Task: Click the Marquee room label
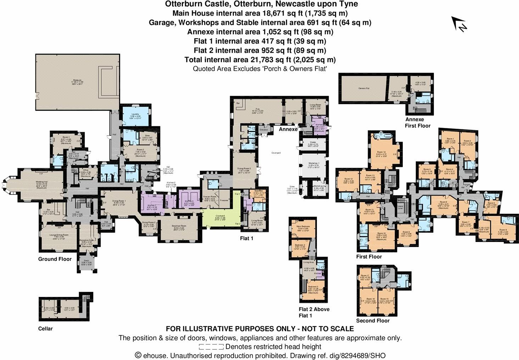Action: (x=77, y=80)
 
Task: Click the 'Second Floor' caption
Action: (x=373, y=321)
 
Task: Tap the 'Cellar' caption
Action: (x=45, y=328)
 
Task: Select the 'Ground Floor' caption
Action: (x=55, y=259)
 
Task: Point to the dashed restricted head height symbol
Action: (x=211, y=347)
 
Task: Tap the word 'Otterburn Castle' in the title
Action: (x=192, y=4)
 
